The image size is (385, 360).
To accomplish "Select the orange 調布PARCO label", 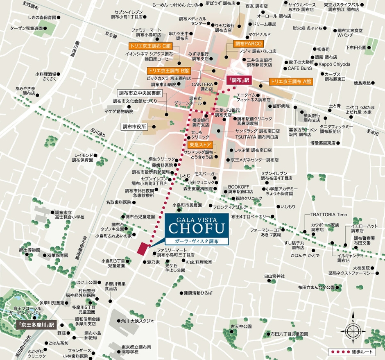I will pos(248,43).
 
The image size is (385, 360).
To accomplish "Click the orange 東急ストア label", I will pos(200,145).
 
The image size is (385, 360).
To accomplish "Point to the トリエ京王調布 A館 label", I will pos(291,82).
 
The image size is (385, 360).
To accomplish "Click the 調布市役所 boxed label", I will pos(134,127).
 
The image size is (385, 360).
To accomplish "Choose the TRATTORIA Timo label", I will pos(328,215).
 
